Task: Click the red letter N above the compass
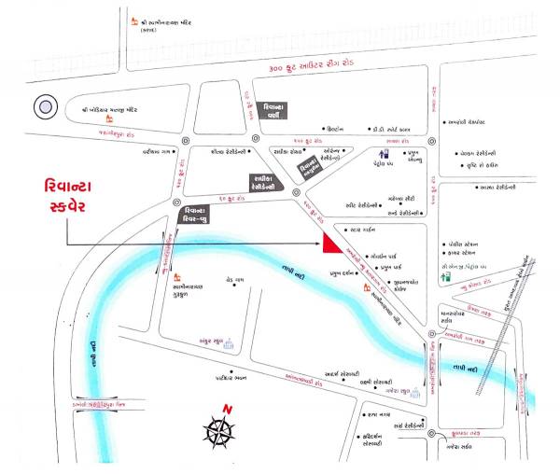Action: point(226,409)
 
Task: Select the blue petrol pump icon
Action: point(385,156)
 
